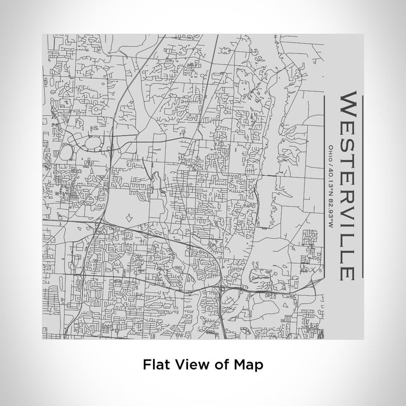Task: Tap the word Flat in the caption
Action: pos(156,365)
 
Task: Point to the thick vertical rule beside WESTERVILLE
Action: pos(362,186)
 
